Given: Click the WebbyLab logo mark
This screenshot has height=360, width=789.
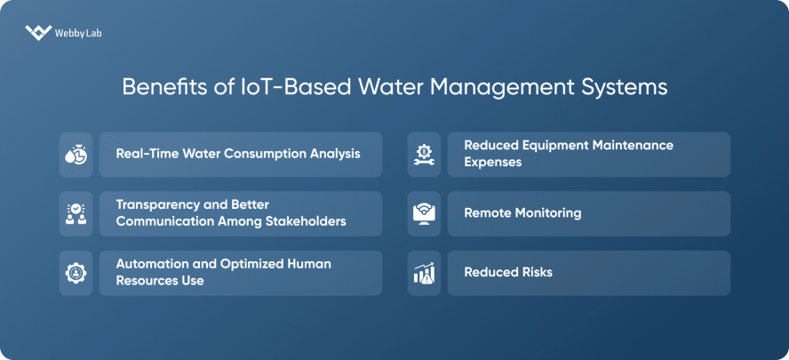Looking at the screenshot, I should pos(38,33).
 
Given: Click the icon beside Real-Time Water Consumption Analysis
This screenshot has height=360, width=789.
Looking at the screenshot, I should pos(76,154).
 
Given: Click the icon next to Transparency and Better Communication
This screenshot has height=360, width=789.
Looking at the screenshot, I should pos(76,213).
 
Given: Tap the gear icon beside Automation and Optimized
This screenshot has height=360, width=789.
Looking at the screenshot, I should pos(76,273).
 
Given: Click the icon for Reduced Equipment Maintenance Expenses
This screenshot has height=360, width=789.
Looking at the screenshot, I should pos(424,154).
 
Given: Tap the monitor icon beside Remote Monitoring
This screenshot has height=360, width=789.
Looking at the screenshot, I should pos(424,213).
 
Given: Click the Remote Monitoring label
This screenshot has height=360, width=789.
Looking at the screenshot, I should pos(522,213).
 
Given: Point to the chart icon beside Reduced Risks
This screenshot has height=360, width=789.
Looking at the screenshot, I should pos(424,273).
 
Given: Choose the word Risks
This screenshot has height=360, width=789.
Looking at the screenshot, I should pos(535,272).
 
